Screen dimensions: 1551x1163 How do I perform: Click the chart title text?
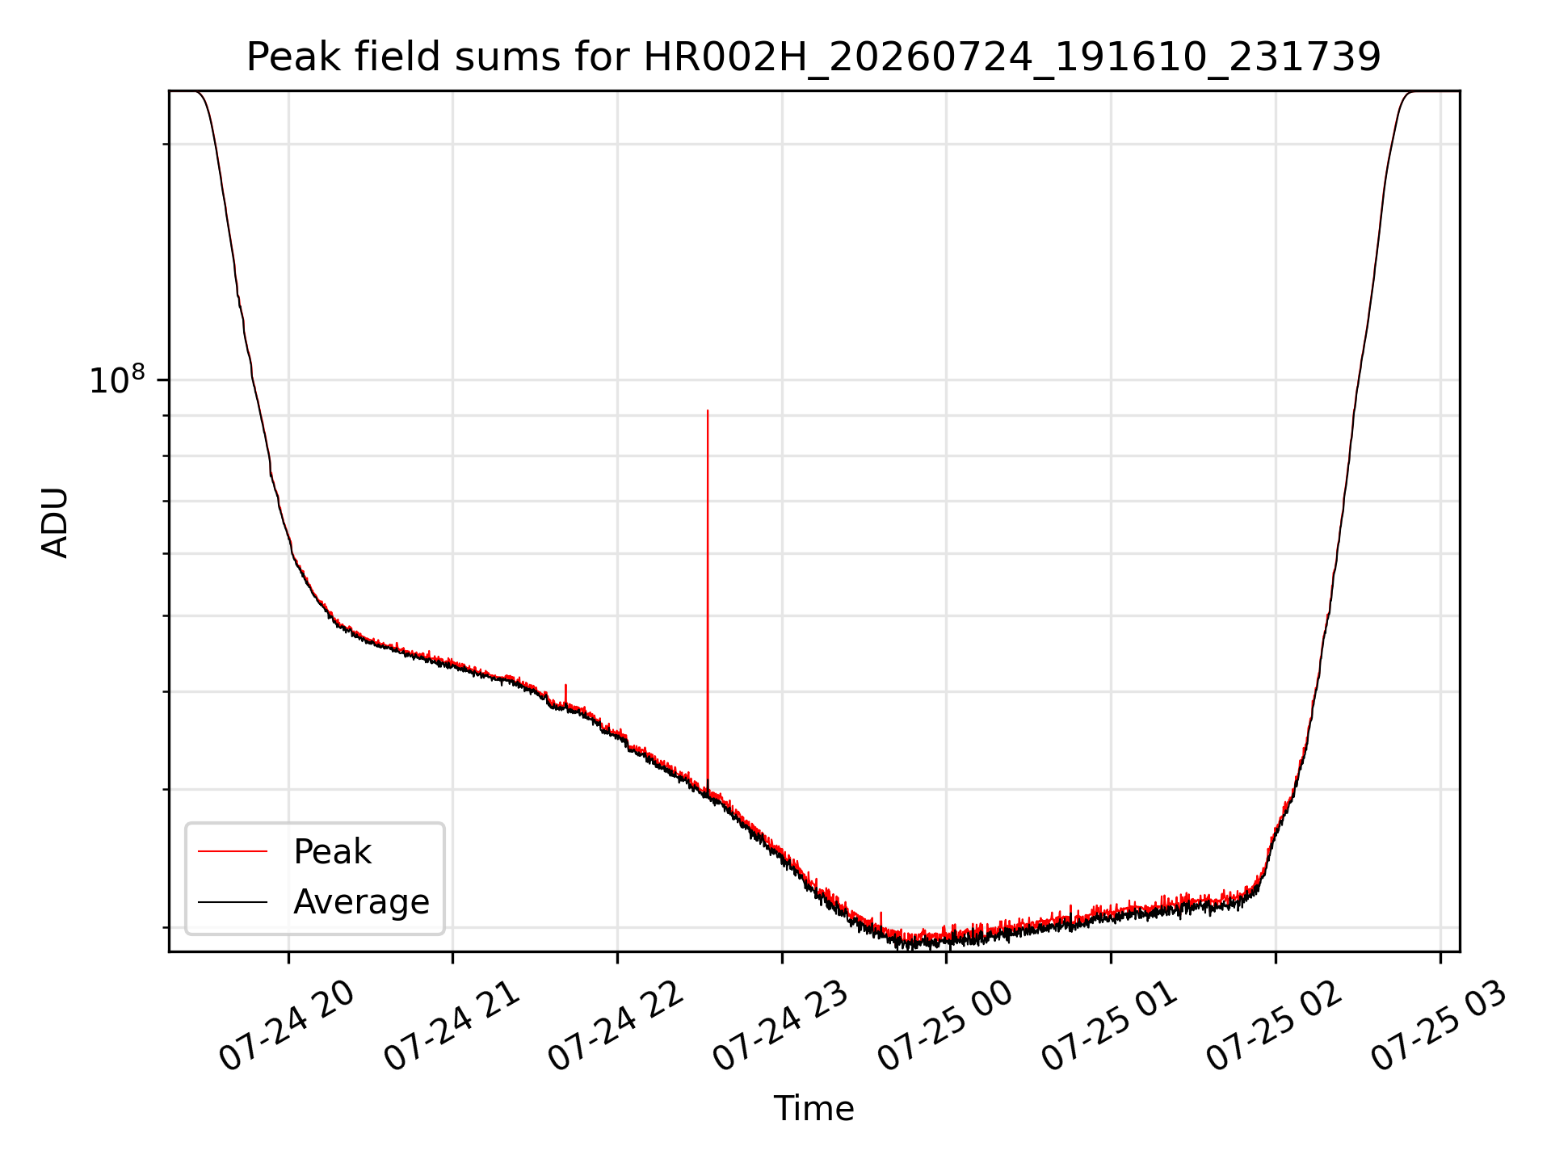coord(813,57)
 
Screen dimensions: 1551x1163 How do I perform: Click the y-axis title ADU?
coord(55,522)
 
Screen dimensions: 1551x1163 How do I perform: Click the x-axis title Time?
coord(813,1108)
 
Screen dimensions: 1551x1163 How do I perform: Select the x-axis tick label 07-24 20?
coord(288,1027)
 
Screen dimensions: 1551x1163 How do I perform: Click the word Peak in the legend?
coord(332,852)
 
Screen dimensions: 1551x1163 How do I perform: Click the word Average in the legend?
coord(361,902)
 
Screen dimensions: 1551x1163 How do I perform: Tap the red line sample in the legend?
coord(233,851)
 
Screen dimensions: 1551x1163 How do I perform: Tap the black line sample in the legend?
coord(233,901)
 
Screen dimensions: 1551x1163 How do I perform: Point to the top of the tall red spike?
coord(708,410)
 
